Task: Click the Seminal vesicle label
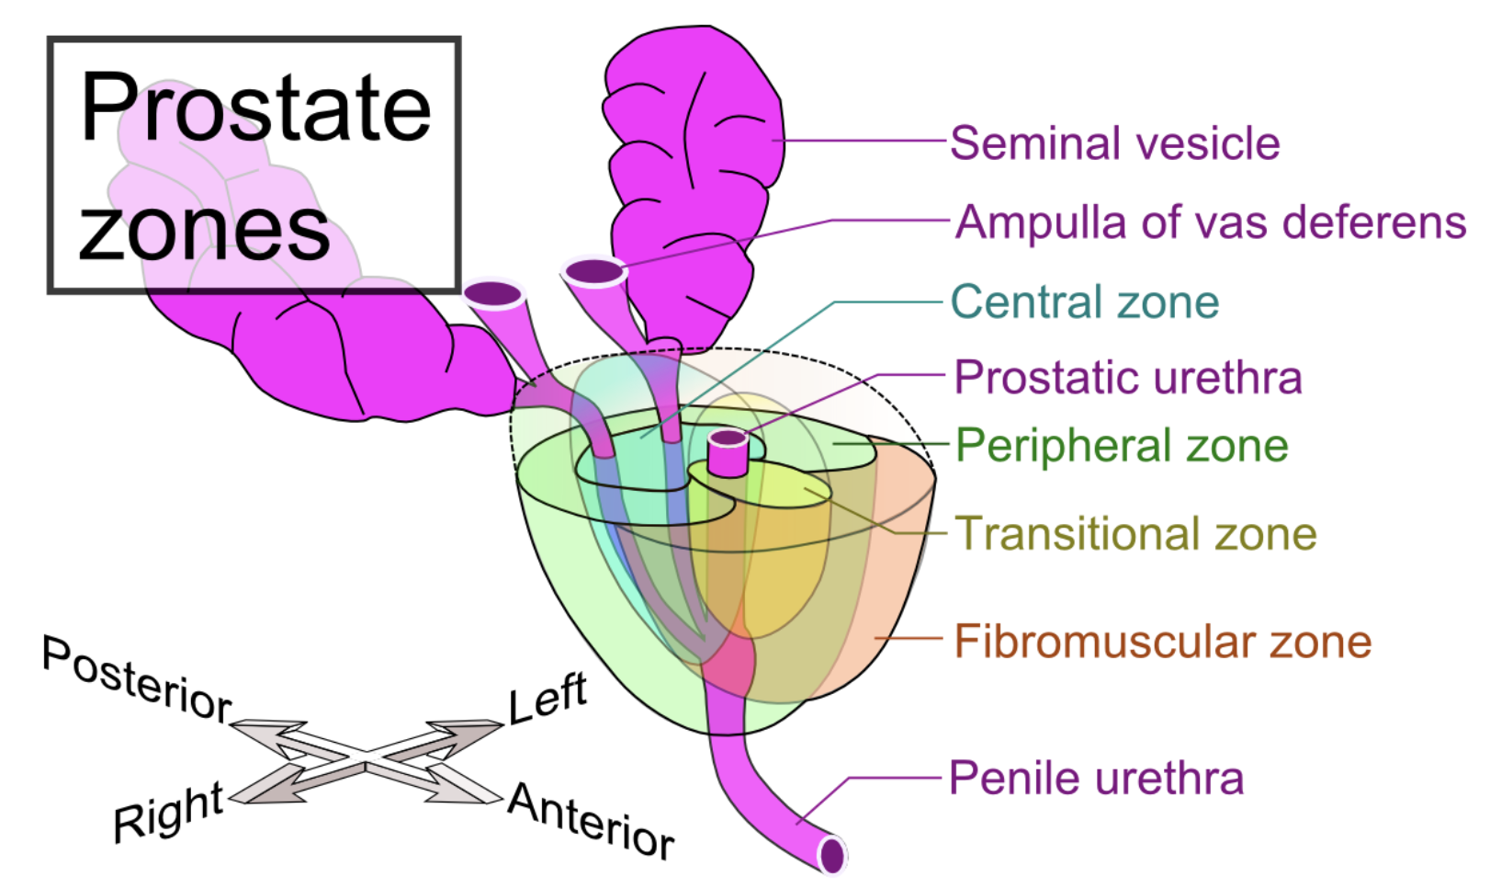point(1115,143)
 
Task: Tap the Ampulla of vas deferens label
point(1211,222)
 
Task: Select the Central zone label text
point(1085,302)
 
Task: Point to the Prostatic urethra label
point(1128,378)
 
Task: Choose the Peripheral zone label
point(1122,445)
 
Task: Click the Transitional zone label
point(1136,533)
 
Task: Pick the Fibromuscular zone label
point(1163,642)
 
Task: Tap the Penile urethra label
point(1096,778)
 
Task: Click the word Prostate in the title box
point(256,107)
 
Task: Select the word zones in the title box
point(204,230)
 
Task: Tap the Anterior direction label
point(592,820)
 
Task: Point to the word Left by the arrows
point(548,699)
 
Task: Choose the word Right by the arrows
point(168,813)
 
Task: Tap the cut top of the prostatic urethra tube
point(728,438)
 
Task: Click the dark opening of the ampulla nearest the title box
point(493,294)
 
